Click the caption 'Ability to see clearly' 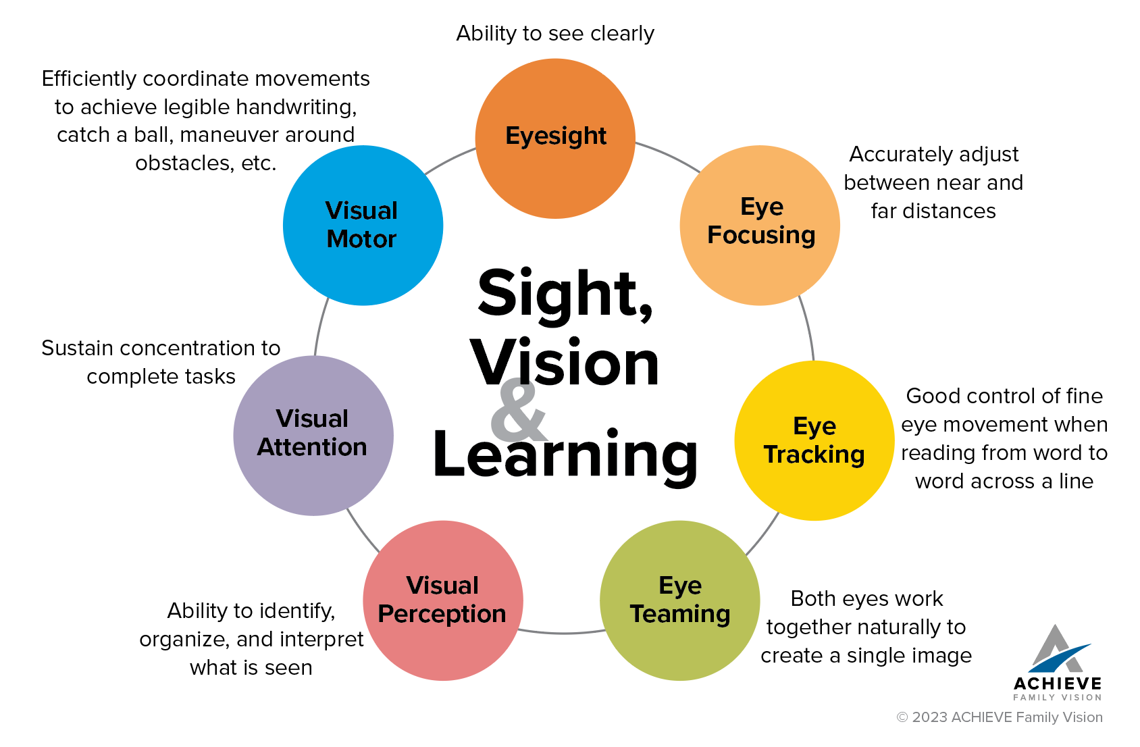pos(555,33)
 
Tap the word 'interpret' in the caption pos(321,639)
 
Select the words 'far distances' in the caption pos(933,211)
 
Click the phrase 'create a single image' pos(866,655)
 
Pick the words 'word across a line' pos(1004,481)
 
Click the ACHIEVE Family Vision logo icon pos(1057,648)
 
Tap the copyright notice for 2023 pos(1000,717)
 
